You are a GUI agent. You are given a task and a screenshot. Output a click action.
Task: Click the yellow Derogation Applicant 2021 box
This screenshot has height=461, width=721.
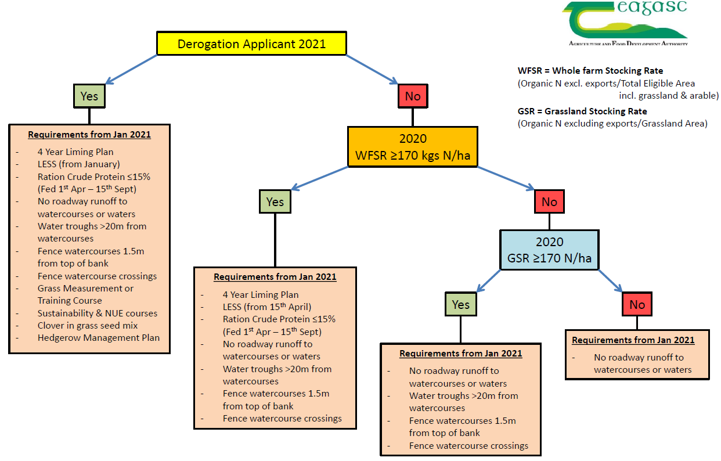tap(251, 44)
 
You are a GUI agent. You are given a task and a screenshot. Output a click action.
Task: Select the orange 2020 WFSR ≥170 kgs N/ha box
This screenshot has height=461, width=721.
tap(412, 147)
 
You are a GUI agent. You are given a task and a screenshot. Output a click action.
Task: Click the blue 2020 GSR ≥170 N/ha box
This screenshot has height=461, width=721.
tap(549, 250)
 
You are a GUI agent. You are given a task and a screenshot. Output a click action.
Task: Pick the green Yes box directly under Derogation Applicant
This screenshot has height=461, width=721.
tap(89, 96)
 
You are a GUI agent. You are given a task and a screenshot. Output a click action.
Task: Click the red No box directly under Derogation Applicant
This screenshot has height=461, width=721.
tap(412, 96)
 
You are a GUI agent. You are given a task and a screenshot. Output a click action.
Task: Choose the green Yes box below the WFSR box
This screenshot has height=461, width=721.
tap(275, 201)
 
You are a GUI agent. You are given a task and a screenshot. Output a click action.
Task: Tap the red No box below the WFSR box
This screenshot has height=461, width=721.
tap(549, 201)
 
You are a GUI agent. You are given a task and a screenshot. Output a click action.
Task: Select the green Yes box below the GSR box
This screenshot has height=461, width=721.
tap(460, 304)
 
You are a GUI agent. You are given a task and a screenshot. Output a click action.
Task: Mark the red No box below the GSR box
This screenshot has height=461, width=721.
tap(637, 304)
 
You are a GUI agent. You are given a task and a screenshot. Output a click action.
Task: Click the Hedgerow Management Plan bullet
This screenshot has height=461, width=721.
tap(98, 337)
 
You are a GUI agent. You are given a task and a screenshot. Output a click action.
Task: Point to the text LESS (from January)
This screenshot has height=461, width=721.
tap(78, 164)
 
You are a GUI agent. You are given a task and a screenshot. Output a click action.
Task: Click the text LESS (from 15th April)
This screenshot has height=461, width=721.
tap(267, 307)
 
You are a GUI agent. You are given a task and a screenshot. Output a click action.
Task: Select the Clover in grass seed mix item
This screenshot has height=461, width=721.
tap(88, 325)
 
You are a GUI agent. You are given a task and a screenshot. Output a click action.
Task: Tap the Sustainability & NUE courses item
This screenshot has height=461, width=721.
tap(98, 313)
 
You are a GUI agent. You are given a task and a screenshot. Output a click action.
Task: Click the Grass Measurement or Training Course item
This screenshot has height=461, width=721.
tap(85, 294)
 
